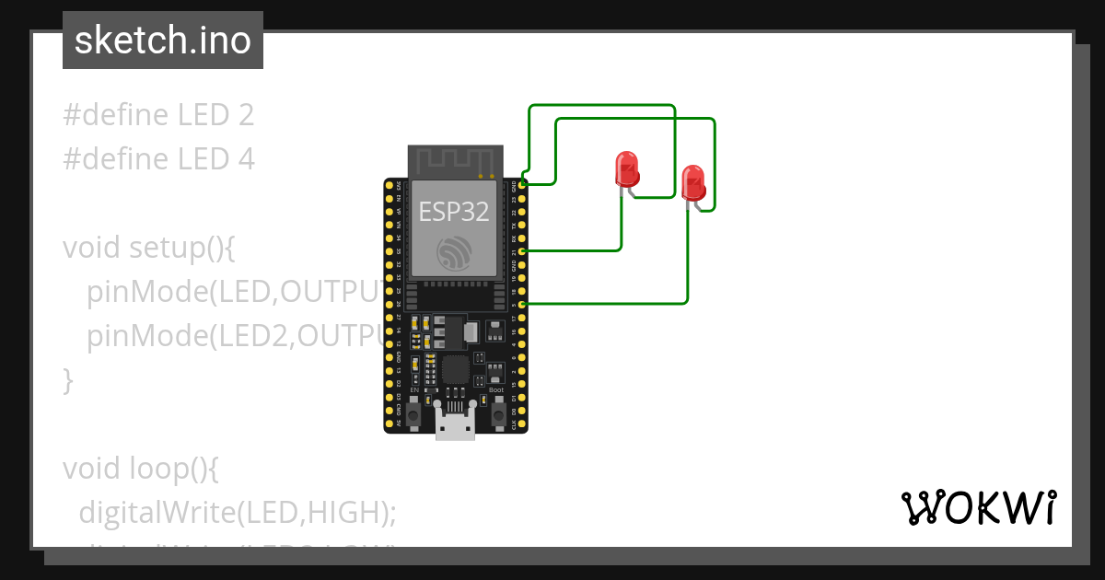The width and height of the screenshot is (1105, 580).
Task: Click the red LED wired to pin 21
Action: coord(627,169)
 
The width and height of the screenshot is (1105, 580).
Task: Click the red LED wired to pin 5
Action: coord(693,181)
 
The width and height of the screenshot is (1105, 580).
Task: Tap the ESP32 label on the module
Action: coord(454,211)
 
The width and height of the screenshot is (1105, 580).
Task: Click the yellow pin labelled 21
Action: coord(523,250)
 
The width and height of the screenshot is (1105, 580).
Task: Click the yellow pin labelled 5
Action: coord(523,304)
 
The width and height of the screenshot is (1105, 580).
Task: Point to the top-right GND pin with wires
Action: coord(523,184)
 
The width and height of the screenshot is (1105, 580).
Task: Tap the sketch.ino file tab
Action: coord(163,41)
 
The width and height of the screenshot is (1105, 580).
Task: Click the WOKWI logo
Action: coord(978,507)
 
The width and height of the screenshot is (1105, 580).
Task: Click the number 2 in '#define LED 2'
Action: coord(245,115)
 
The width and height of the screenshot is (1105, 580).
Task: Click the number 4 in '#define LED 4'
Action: coord(245,159)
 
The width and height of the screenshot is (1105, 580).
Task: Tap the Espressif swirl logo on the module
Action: coord(454,253)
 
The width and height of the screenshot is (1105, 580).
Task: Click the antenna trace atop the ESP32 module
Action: coord(455,161)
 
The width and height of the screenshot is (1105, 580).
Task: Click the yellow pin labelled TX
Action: coord(523,224)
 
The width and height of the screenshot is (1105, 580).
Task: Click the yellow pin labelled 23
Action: coord(523,197)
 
